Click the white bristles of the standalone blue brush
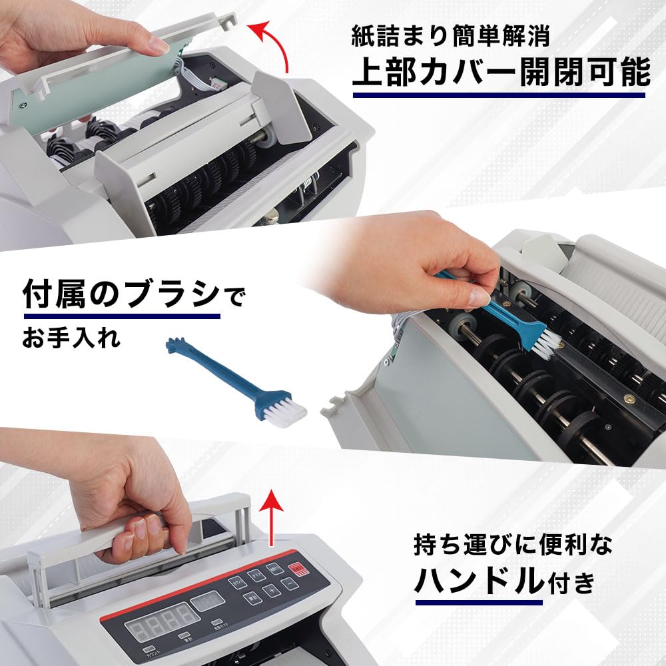point(285,412)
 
